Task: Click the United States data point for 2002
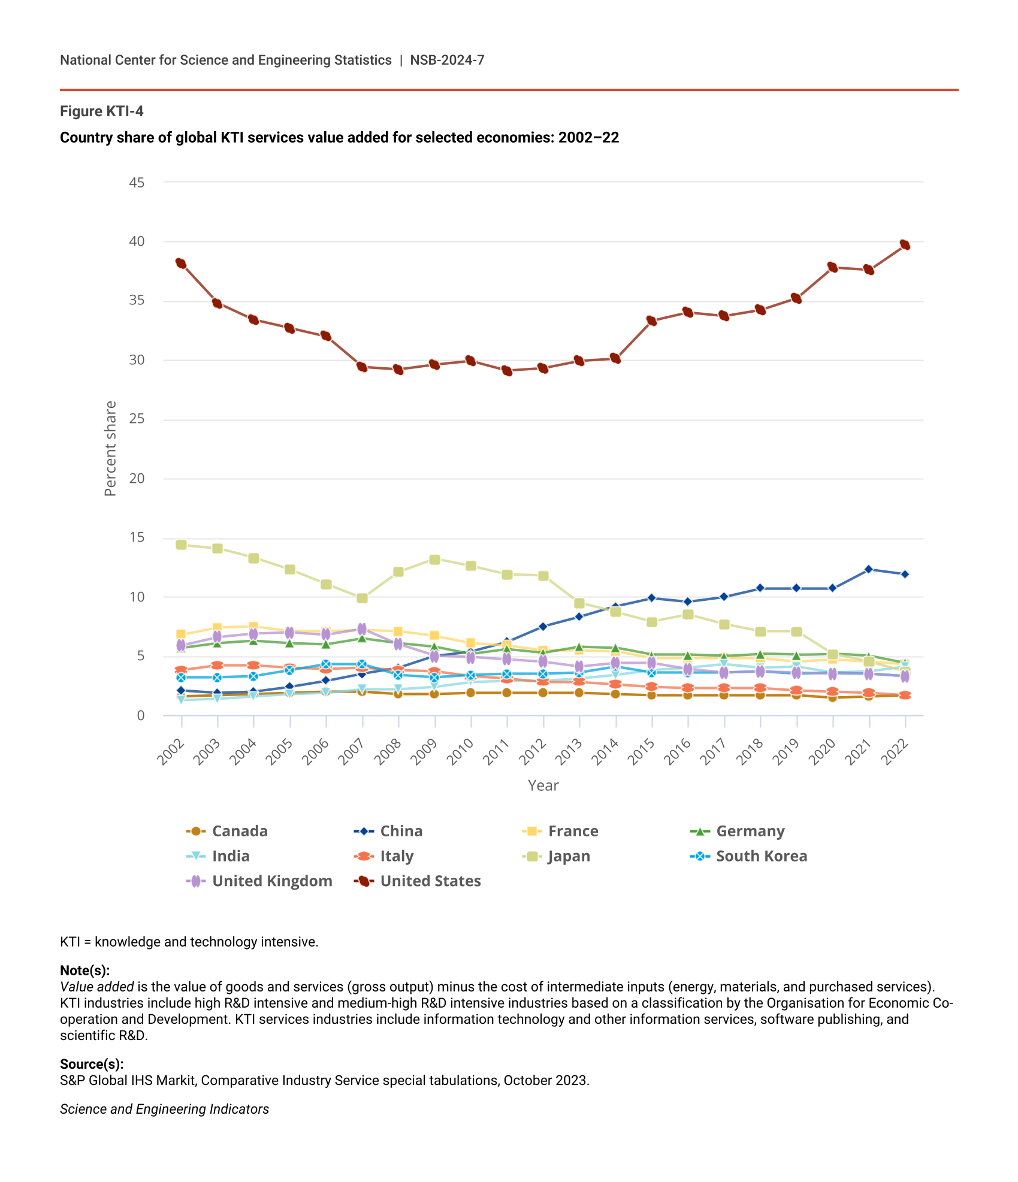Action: tap(181, 263)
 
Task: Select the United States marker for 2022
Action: tap(905, 244)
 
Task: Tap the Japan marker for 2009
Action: tap(435, 560)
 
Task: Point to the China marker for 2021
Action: tap(869, 569)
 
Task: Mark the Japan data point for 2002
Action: tap(181, 545)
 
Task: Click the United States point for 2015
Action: tap(652, 321)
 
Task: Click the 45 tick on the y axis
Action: tap(137, 182)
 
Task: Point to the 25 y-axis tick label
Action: tap(137, 419)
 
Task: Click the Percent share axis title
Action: tap(110, 448)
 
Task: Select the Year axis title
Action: tap(543, 785)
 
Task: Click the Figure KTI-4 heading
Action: tap(102, 111)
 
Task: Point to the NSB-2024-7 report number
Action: tap(447, 60)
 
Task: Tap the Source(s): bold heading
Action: tap(92, 1064)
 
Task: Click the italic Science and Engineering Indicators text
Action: tap(164, 1109)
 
